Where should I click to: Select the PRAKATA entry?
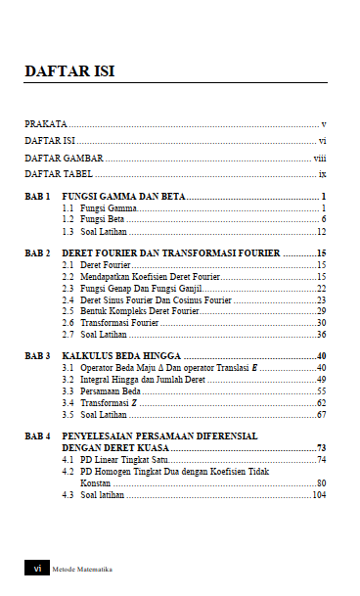46,124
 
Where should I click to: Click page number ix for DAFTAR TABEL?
322,173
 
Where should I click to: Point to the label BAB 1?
37,197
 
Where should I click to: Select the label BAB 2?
37,253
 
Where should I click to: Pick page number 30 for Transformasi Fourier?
321,322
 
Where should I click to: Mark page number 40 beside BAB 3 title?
321,356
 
